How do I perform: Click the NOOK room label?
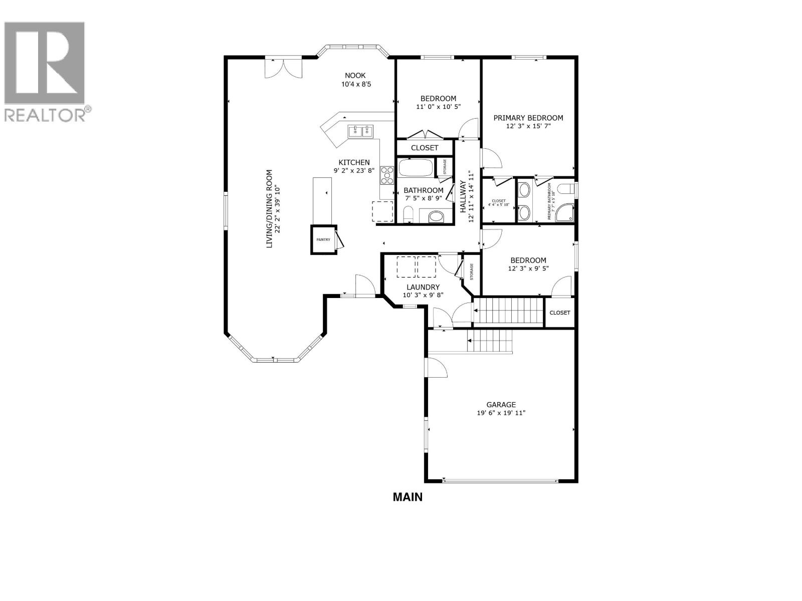pos(355,76)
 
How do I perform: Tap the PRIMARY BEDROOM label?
pos(528,118)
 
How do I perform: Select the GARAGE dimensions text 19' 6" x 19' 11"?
pos(501,413)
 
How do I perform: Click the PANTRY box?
pos(323,240)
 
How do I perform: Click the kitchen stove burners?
pos(386,176)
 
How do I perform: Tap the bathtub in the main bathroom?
pos(415,168)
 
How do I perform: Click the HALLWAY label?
pos(463,197)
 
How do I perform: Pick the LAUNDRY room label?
pos(423,287)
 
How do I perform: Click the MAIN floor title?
pos(408,497)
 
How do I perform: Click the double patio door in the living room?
pos(284,68)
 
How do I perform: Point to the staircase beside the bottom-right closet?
pos(509,312)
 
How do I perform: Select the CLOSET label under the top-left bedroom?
pos(425,148)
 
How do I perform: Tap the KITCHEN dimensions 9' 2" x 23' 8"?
pos(354,170)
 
